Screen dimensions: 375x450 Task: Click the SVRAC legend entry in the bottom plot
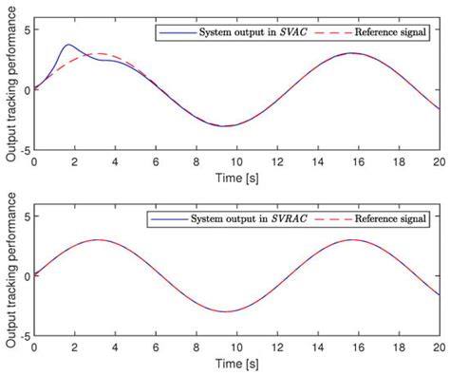[233, 220]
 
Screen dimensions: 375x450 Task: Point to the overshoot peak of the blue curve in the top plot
[67, 45]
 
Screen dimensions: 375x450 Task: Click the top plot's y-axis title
[10, 87]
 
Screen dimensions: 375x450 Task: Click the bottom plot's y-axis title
[10, 275]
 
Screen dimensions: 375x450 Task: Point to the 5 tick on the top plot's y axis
[28, 30]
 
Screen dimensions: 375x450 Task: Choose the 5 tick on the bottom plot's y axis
[28, 217]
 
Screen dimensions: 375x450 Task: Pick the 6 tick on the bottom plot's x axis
[157, 347]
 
